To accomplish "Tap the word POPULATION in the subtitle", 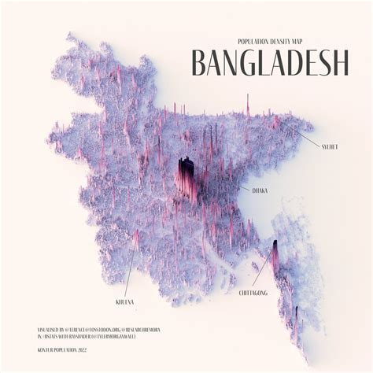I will [253, 41].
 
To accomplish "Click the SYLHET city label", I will [331, 146].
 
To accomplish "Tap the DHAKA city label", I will [260, 190].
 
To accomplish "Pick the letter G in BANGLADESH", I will [255, 63].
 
